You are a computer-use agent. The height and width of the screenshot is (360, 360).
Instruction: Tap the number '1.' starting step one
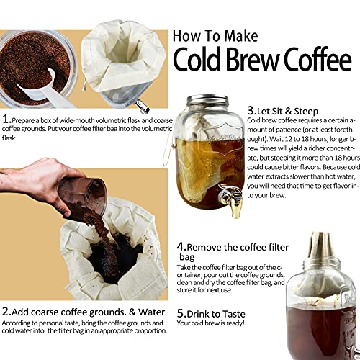pos(6,118)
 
